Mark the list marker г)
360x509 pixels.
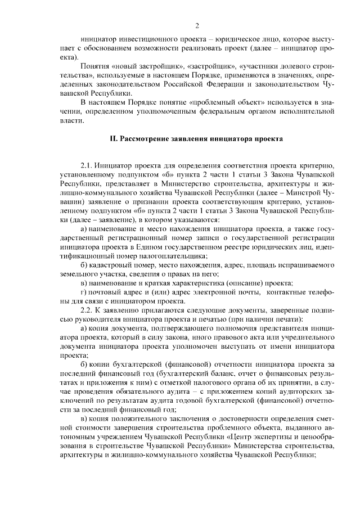84,292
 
